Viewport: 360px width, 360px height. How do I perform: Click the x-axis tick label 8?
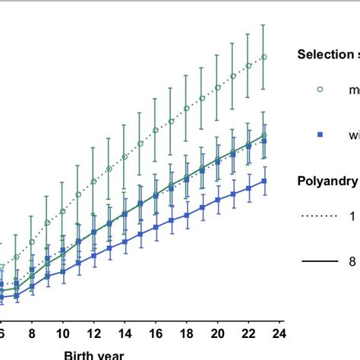click(x=32, y=332)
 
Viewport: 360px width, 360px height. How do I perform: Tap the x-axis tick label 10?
click(x=63, y=332)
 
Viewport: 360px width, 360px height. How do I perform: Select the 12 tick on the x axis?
click(x=93, y=332)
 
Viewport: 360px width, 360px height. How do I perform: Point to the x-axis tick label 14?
click(x=125, y=332)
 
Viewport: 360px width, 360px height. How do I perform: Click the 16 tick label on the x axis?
click(x=156, y=332)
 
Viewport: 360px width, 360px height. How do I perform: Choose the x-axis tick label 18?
click(x=187, y=332)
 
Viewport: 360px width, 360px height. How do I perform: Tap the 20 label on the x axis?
click(x=217, y=332)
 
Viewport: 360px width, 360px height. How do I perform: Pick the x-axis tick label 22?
click(x=248, y=332)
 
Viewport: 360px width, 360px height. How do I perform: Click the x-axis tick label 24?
click(x=279, y=332)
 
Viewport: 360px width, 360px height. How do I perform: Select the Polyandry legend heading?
click(x=327, y=181)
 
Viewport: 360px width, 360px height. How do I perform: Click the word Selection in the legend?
click(x=323, y=55)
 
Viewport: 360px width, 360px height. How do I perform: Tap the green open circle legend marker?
click(x=320, y=89)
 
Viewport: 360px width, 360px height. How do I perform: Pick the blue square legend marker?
click(x=320, y=134)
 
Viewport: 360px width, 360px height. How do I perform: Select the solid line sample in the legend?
click(x=320, y=261)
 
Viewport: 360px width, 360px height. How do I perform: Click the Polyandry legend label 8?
click(x=352, y=261)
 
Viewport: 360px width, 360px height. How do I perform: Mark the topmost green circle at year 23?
click(x=264, y=56)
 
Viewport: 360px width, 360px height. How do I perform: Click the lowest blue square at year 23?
click(x=264, y=181)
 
